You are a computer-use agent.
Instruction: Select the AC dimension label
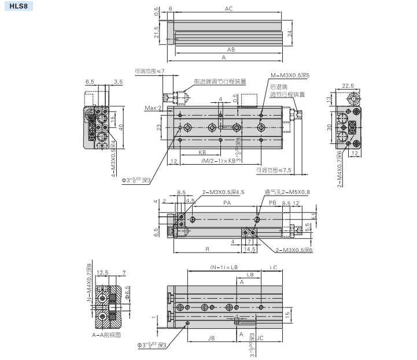click(x=228, y=9)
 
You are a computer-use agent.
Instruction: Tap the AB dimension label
click(x=231, y=50)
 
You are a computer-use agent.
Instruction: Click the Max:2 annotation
click(x=153, y=108)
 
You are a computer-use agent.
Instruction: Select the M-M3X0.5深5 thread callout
click(x=290, y=75)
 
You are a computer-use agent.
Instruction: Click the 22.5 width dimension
click(x=348, y=86)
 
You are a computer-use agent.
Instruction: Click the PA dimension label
click(x=227, y=203)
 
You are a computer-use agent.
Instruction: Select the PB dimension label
click(x=272, y=203)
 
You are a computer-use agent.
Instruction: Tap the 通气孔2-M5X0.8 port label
click(x=287, y=192)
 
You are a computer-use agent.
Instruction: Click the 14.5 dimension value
click(x=250, y=249)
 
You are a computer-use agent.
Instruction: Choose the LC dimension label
click(x=274, y=268)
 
